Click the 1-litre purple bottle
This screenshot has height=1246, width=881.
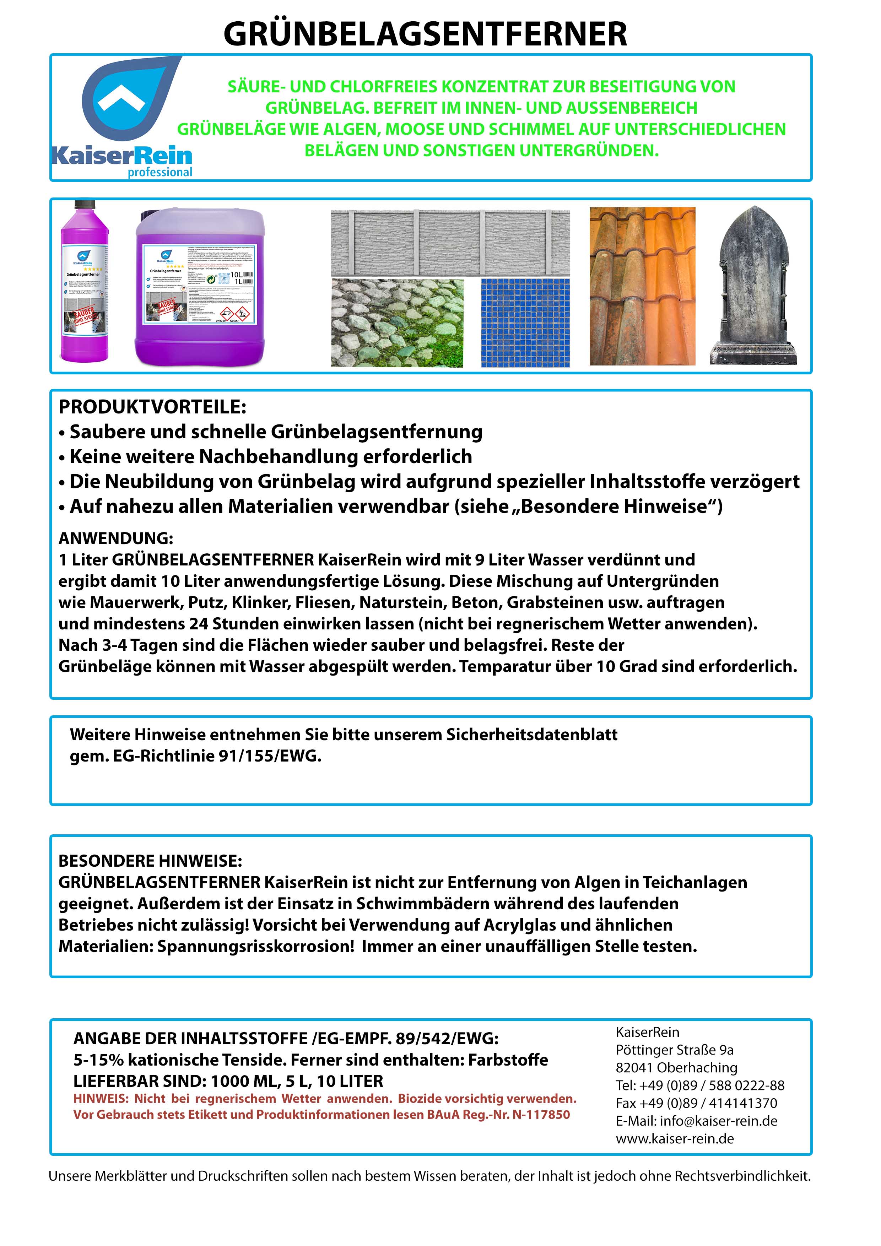tap(84, 282)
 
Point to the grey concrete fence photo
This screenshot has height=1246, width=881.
tap(450, 243)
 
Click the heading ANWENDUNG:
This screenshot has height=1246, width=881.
tap(115, 538)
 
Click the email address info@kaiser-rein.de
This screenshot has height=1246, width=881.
tap(718, 1121)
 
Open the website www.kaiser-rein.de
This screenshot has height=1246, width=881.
tap(675, 1138)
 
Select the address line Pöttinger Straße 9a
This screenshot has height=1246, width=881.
tap(674, 1050)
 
